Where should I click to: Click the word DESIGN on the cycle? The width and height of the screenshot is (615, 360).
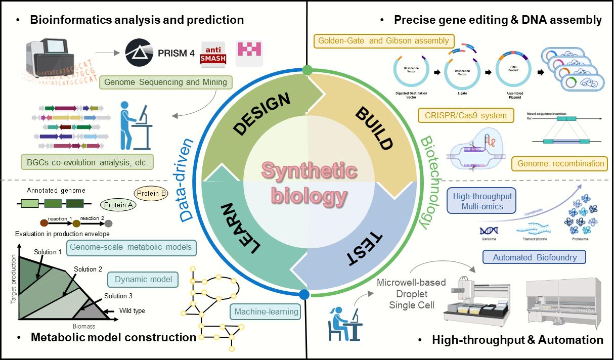coord(262,114)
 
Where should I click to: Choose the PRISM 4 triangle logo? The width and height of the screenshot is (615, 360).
coord(140,52)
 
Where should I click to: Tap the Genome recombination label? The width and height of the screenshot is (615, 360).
coord(560,163)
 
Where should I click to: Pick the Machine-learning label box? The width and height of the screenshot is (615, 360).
coord(265,311)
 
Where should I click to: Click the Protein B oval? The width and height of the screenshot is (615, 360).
coord(150,193)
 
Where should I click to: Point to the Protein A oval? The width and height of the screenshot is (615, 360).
coord(117,204)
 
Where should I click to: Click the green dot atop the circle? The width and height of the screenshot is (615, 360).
coord(307,70)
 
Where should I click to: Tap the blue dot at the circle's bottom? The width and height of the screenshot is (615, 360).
coord(304,294)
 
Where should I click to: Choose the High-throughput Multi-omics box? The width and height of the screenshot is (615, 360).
coord(481,202)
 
